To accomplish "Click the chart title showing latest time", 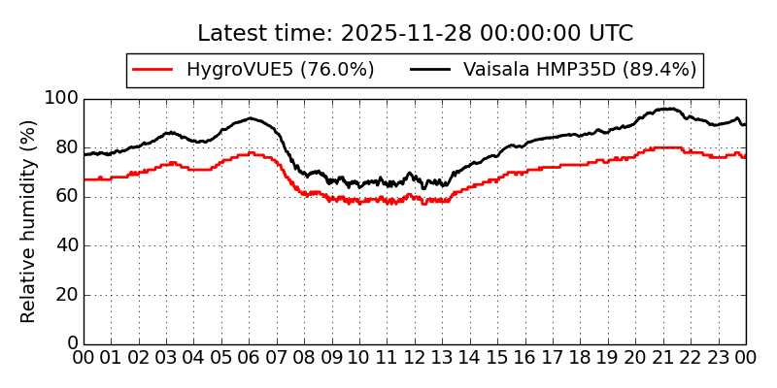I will coord(415,34).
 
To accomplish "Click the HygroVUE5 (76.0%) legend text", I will coord(280,70).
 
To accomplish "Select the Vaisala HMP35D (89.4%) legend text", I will coord(579,70).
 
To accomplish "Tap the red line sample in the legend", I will coord(152,70).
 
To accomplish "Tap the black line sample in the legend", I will coord(430,70).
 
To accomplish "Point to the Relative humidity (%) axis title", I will coord(29,221).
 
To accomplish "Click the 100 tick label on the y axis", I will coord(61,99).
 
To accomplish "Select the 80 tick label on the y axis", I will coord(66,147).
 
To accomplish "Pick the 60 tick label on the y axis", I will coord(66,197).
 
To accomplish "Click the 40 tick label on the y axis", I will coord(66,245).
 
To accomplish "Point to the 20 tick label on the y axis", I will coord(66,295).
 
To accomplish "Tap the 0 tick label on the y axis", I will coord(72,343).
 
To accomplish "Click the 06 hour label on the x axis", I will coord(250,358).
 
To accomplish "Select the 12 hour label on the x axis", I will coord(415,358).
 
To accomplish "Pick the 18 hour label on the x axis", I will coord(581,358).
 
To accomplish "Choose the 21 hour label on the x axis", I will coord(663,358).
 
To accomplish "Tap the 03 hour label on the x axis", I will coord(166,358).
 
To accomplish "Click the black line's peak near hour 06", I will coord(250,118).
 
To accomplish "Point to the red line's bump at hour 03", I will coord(172,163).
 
